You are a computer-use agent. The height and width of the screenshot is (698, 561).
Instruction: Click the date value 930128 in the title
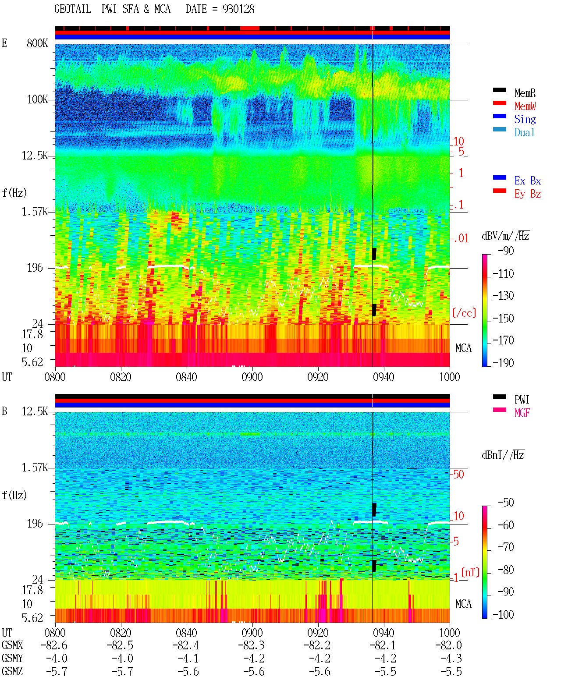[x=238, y=9]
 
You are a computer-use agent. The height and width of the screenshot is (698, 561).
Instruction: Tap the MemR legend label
[x=525, y=93]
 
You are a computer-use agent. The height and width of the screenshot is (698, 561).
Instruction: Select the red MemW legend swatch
[x=499, y=103]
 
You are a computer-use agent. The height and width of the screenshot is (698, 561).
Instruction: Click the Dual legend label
[x=525, y=132]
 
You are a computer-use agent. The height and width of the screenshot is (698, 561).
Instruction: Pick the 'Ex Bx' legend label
[x=528, y=181]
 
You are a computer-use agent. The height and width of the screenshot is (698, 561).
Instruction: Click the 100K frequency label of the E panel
[x=37, y=99]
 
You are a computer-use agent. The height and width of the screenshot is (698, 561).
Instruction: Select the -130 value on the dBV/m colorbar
[x=503, y=296]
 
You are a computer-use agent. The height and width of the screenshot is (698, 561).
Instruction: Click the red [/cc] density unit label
[x=464, y=313]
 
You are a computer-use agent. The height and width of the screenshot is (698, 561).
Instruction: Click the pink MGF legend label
[x=522, y=413]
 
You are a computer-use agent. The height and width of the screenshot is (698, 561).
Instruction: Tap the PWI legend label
[x=522, y=399]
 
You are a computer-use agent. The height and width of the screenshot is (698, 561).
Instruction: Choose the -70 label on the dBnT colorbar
[x=506, y=547]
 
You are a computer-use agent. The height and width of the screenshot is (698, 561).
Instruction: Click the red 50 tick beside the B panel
[x=459, y=475]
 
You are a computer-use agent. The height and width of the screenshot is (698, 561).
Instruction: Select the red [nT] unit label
[x=470, y=573]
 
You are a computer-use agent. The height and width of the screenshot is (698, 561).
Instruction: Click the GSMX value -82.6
[x=54, y=645]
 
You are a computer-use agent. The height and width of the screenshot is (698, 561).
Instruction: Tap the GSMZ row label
[x=12, y=671]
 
